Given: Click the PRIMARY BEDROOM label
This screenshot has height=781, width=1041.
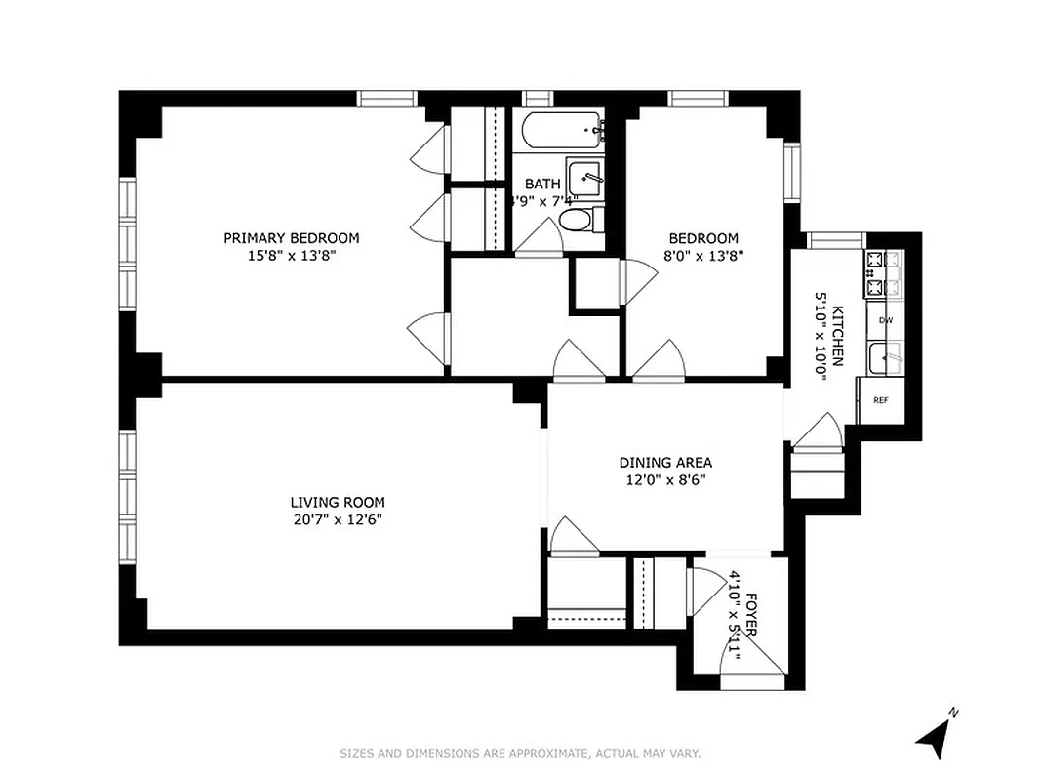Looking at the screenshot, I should pos(291,238).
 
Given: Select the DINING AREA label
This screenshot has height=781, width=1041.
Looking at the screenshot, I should pos(665,463).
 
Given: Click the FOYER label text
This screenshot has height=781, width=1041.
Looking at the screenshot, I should pos(751,614).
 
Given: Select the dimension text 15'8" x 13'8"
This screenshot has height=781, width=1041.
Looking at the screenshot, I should pos(291,256).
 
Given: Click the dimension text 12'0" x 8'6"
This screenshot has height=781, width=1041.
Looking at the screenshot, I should pos(665,479).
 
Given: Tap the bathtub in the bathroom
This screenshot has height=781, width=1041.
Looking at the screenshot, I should pos(560,129).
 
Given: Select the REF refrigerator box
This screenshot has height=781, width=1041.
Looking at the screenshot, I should pos(880,400).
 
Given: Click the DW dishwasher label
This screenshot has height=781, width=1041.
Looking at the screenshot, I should pos(885,320).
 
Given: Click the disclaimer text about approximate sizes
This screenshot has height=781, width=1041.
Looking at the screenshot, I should pos(520,753).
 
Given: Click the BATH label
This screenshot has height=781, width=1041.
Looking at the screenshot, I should pos(542,184).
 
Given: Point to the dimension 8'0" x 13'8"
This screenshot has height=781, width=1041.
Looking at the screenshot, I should pos(702,256).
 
